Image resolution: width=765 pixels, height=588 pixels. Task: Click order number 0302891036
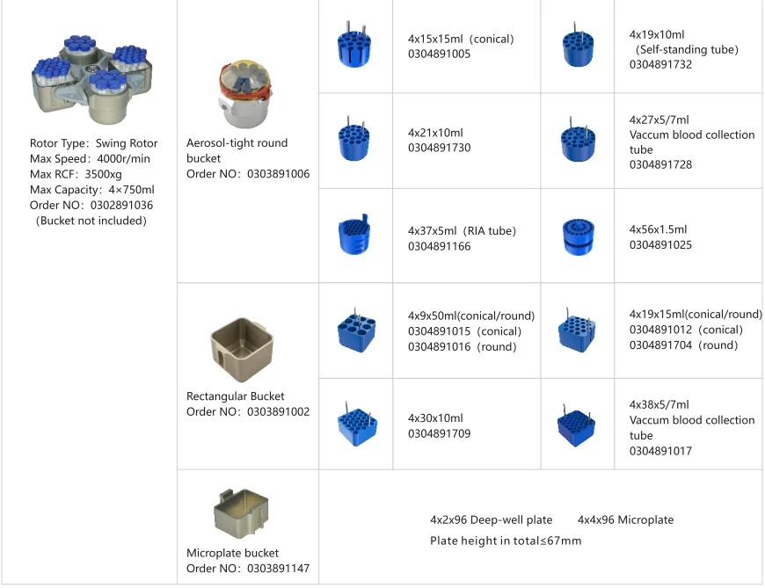tap(116, 205)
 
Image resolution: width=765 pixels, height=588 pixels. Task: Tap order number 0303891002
tap(278, 411)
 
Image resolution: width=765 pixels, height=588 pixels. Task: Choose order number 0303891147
tap(278, 568)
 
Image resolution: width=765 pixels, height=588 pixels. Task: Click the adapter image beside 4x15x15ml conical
tap(354, 45)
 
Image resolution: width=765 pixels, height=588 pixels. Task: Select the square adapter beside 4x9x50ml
tap(356, 331)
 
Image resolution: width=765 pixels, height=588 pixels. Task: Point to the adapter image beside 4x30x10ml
tap(356, 425)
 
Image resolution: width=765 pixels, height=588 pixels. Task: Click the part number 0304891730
tap(439, 148)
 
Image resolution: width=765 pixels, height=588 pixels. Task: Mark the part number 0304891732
tap(660, 64)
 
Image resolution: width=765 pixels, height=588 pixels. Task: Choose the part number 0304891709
tap(439, 433)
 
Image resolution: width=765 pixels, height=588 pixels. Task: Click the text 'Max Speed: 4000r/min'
tap(90, 158)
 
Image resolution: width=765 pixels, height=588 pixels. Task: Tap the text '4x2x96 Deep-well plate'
tap(491, 519)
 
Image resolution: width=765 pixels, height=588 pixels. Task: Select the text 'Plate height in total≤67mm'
tap(506, 541)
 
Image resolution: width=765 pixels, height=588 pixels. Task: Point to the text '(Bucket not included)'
tap(91, 221)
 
